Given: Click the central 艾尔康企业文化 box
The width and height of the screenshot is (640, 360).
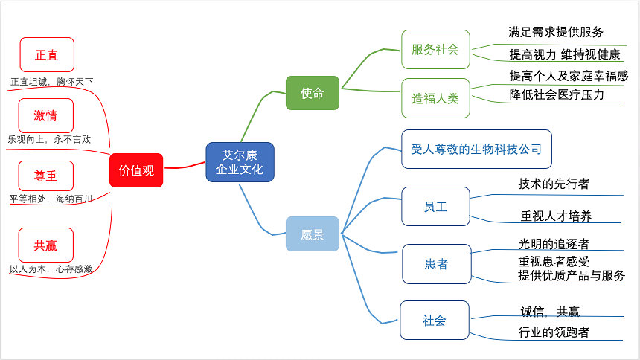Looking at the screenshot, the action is (x=240, y=162).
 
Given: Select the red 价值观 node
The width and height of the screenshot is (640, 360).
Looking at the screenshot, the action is (x=136, y=170).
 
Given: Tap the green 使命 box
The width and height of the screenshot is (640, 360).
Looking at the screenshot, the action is (x=313, y=93).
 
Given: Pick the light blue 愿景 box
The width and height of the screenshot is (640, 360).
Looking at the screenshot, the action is (x=313, y=234).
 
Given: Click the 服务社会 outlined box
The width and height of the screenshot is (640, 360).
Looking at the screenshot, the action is (x=435, y=49).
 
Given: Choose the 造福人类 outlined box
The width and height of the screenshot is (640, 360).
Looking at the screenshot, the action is (x=435, y=98).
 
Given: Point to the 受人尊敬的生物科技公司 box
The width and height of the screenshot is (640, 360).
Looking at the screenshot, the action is (x=476, y=149).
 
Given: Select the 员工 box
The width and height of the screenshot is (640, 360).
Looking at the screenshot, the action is (x=435, y=207).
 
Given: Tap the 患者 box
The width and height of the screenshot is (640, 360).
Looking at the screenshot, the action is (x=436, y=264).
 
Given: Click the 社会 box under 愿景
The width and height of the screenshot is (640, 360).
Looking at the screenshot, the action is (x=435, y=321).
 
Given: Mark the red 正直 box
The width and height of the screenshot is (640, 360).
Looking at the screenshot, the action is (x=47, y=55).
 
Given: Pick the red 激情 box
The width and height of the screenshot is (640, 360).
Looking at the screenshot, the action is (x=45, y=115).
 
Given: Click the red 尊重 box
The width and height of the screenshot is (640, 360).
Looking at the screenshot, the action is (x=45, y=176).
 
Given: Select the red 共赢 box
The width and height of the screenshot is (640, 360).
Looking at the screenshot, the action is (x=45, y=245).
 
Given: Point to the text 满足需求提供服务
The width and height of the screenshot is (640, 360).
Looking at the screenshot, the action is (x=555, y=32).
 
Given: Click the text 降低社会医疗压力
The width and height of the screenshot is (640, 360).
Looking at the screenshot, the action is (x=557, y=94).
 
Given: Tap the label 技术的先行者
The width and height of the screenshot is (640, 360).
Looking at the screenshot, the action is (x=554, y=184).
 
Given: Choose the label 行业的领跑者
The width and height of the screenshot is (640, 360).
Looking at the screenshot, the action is (x=554, y=332).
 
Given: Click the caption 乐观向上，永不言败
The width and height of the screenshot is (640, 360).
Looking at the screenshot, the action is (x=49, y=139).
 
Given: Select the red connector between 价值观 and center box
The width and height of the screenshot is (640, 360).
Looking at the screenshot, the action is (x=185, y=167).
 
